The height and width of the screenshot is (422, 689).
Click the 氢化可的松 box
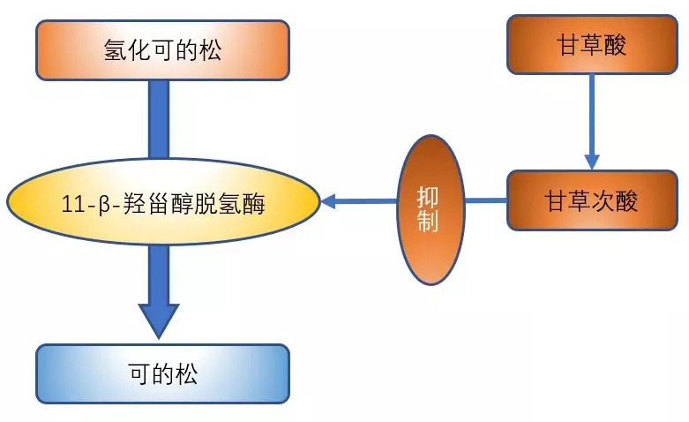(162, 49)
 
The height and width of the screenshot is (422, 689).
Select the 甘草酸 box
(590, 45)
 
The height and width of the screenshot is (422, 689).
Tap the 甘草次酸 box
(590, 200)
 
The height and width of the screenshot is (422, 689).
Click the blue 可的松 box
(162, 373)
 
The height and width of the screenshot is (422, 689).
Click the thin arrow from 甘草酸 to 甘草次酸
(591, 115)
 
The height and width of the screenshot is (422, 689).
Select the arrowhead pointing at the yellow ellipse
(330, 202)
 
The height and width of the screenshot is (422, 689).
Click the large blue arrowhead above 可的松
(159, 320)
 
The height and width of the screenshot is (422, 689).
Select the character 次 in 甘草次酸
(603, 201)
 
